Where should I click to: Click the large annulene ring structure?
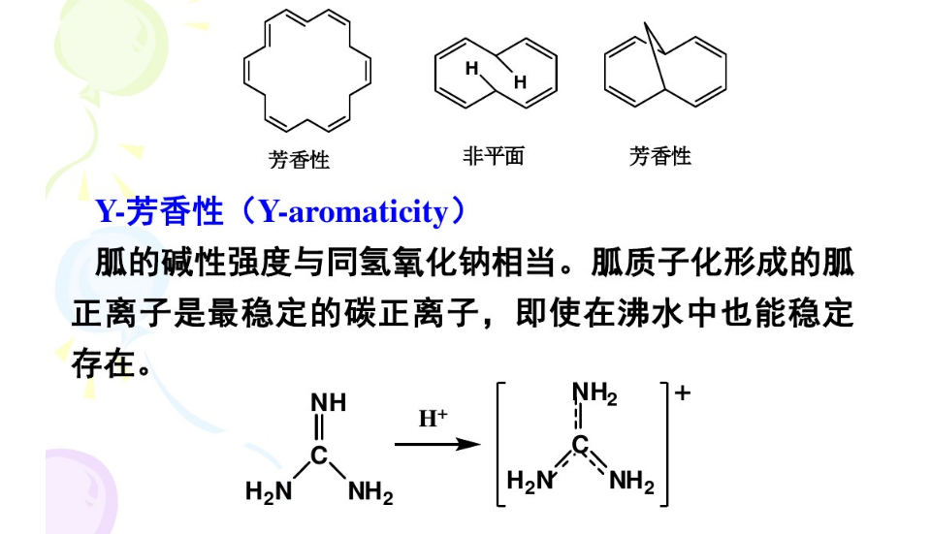(306, 73)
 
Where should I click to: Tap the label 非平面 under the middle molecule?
(494, 156)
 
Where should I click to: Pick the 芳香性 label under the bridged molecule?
(660, 156)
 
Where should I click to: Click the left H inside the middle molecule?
(471, 68)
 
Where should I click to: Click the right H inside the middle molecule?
(520, 82)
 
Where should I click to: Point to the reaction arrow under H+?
(438, 445)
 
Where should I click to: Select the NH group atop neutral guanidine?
(328, 402)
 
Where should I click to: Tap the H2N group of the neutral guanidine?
(268, 492)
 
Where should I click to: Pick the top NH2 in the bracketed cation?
(594, 393)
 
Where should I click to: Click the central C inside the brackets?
(580, 445)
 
